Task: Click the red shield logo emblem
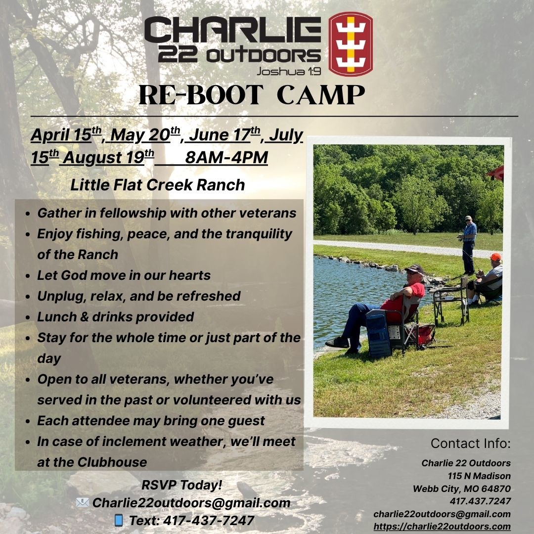351,44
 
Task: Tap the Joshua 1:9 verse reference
288,71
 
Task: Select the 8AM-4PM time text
226,157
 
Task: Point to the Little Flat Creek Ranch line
158,185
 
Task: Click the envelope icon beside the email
83,502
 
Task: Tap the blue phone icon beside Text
119,520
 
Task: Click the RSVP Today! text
181,485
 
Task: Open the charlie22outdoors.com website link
442,526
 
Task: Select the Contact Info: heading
471,443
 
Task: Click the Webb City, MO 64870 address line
462,489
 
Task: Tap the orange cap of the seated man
495,257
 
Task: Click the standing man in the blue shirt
468,245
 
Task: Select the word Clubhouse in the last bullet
112,462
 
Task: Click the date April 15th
66,134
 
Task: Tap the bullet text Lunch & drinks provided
115,317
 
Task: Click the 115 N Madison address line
479,476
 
